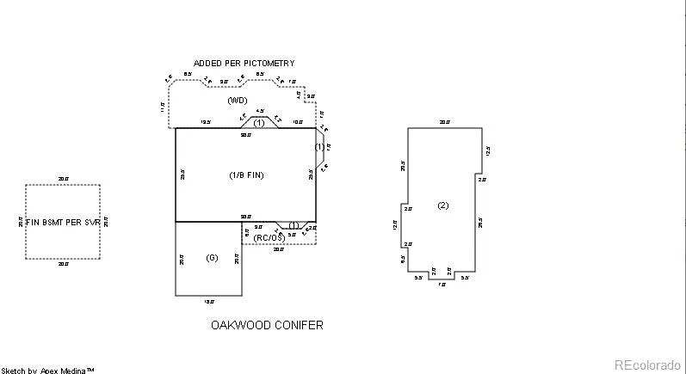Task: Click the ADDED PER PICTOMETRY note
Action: click(x=244, y=64)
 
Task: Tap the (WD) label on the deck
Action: click(x=238, y=101)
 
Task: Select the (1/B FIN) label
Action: click(x=245, y=175)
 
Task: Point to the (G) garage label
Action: click(x=213, y=257)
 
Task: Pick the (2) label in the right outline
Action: click(x=442, y=205)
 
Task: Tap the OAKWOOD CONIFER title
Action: click(x=267, y=326)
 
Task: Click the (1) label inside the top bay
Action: click(x=258, y=123)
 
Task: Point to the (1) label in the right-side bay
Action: click(x=320, y=147)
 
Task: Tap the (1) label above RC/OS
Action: click(x=294, y=225)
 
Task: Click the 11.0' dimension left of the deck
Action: click(x=162, y=107)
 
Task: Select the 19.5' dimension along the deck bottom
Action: click(x=206, y=123)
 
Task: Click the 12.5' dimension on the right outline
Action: click(x=487, y=150)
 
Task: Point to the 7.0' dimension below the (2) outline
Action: click(x=442, y=284)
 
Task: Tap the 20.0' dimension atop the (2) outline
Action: click(x=445, y=123)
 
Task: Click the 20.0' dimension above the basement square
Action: click(x=63, y=179)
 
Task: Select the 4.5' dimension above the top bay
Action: click(x=260, y=112)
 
